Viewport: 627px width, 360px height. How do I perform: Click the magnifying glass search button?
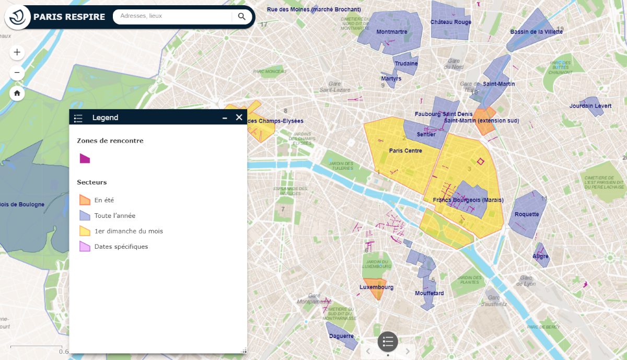click(x=241, y=16)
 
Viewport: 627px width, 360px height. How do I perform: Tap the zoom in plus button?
click(x=17, y=52)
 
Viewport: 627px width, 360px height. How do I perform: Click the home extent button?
click(x=17, y=94)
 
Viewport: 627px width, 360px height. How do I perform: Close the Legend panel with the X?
click(x=239, y=118)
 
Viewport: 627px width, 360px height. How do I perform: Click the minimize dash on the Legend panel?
click(x=225, y=118)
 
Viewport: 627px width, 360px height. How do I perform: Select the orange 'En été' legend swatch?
click(x=85, y=200)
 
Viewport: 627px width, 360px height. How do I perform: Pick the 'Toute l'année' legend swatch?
click(x=85, y=215)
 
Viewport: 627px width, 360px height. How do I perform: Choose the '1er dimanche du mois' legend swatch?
click(x=85, y=231)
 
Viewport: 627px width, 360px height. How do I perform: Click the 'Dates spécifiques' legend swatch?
click(x=85, y=246)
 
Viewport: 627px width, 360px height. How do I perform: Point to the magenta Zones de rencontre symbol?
click(x=85, y=158)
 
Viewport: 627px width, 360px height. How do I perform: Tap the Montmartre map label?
click(x=391, y=32)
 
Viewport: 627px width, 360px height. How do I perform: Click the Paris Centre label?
click(x=405, y=151)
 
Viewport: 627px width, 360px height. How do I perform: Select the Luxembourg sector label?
click(x=376, y=287)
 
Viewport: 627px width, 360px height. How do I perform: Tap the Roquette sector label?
click(x=527, y=214)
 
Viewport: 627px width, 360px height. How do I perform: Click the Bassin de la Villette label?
click(x=536, y=32)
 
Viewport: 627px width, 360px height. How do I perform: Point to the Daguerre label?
click(x=342, y=336)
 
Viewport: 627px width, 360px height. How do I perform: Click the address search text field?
click(x=172, y=16)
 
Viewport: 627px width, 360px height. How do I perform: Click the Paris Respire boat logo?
click(x=18, y=17)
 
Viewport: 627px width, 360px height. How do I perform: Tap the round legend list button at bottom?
click(x=388, y=342)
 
